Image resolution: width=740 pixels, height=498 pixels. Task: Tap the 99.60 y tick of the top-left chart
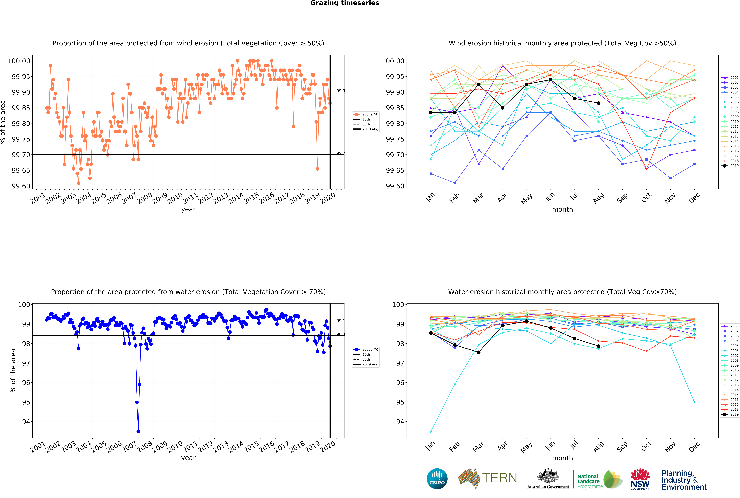[x=21, y=186]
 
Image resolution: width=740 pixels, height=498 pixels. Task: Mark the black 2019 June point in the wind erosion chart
[x=551, y=80]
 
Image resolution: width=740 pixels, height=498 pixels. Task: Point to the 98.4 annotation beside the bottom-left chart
[x=341, y=334]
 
